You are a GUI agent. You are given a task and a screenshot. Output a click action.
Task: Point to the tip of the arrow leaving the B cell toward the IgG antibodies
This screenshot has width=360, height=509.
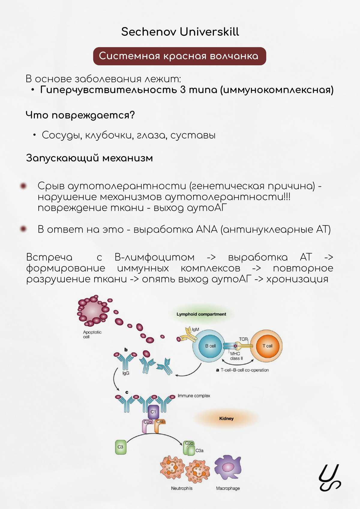[x=175, y=375]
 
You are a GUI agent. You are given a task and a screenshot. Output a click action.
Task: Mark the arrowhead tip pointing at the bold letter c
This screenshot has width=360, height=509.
[x=119, y=390]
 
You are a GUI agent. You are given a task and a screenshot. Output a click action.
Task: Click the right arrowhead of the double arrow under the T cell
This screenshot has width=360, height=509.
[x=253, y=360]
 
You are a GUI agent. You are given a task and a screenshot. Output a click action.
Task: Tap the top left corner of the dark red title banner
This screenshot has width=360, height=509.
[x=93, y=47]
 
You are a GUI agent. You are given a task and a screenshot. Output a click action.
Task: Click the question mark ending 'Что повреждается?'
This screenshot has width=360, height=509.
[x=132, y=115]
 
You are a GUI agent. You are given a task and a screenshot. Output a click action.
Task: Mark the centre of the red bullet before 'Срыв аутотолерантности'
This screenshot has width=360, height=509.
[x=23, y=186]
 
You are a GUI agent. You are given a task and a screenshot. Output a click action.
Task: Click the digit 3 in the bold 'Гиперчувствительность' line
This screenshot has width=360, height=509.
[x=183, y=90]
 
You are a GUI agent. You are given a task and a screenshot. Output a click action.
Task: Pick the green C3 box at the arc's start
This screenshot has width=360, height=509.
[x=121, y=447]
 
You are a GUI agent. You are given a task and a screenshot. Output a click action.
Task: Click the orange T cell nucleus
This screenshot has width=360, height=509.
[x=267, y=346]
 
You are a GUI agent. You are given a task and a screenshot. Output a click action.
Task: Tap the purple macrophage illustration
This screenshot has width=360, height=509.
[x=228, y=468]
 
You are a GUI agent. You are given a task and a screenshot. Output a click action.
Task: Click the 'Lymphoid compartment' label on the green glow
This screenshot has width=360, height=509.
[x=201, y=314]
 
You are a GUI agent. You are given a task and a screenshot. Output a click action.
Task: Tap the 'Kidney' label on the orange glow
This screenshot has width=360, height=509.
[x=226, y=418]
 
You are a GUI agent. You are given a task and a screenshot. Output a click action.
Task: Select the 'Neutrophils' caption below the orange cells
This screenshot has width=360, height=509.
[x=182, y=488]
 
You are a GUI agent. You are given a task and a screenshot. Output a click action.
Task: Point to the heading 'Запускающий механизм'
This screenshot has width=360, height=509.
[x=89, y=158]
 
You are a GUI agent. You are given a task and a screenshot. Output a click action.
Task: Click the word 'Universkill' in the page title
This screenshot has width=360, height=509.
[x=209, y=31]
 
